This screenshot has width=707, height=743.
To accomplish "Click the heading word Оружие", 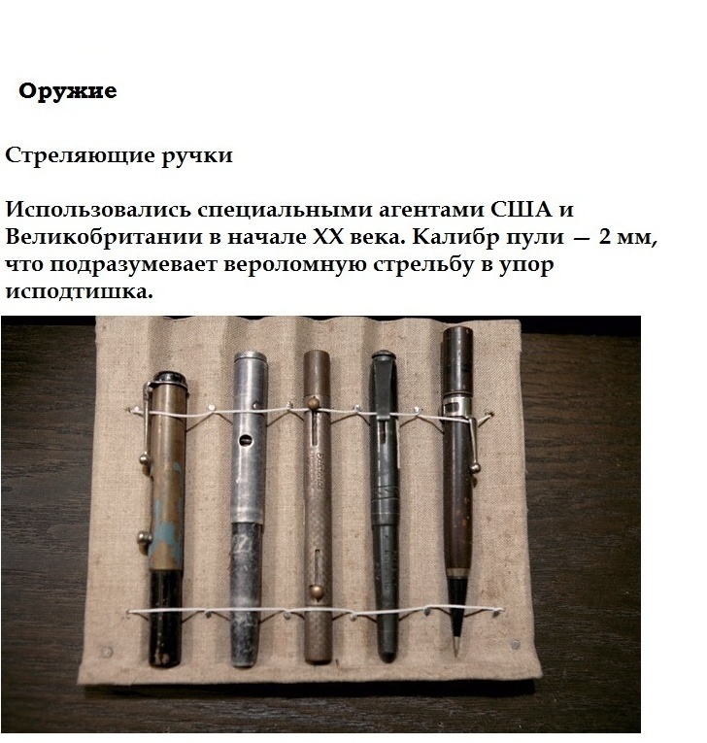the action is coord(67,91).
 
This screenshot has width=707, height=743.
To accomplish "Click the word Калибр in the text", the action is coord(448,237).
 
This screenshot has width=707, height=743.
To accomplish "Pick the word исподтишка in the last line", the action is coord(79,291).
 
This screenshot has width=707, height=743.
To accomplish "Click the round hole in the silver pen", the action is coord(246,440).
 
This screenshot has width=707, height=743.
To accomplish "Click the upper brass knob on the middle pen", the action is coord(313,404).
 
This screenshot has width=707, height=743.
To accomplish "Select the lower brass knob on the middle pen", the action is coord(317,591).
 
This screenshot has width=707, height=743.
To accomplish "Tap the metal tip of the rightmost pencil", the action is coord(455,645).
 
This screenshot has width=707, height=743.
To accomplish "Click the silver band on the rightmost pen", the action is coord(456,405).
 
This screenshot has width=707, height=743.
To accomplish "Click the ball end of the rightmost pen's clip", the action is coord(474,469).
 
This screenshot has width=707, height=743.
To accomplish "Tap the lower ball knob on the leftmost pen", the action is coord(144,538).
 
